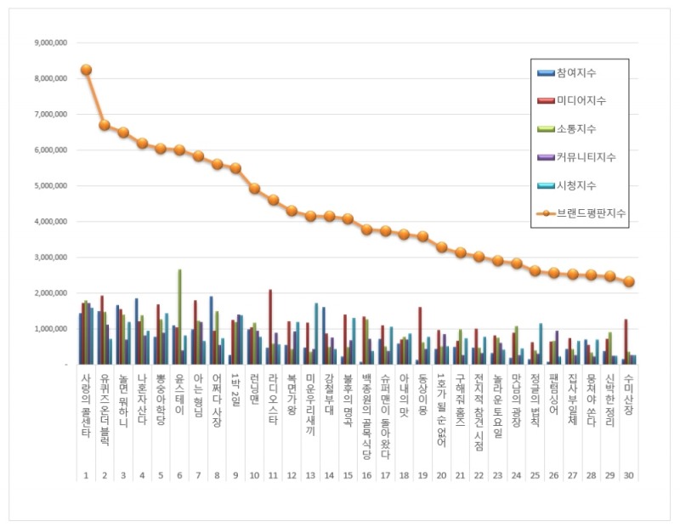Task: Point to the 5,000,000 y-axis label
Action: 48,185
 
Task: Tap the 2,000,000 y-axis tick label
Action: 48,292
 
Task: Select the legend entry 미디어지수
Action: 582,101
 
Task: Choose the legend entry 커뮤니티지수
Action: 586,157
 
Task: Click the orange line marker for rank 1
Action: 86,70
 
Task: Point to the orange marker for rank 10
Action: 254,189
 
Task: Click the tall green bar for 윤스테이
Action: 179,316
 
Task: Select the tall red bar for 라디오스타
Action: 270,326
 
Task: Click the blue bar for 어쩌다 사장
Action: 211,330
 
